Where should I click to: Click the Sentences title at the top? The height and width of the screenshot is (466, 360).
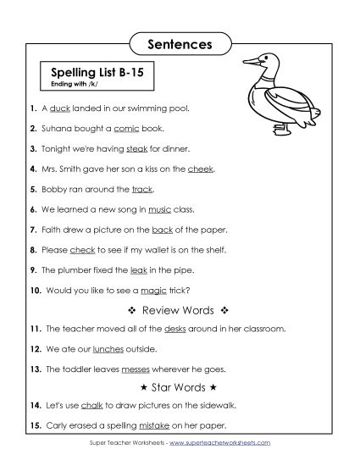[180, 42]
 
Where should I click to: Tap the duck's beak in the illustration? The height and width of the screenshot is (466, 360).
[249, 61]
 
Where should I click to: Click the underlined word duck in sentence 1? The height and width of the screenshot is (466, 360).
[60, 109]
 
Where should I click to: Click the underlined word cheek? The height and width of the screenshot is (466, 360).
[202, 169]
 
